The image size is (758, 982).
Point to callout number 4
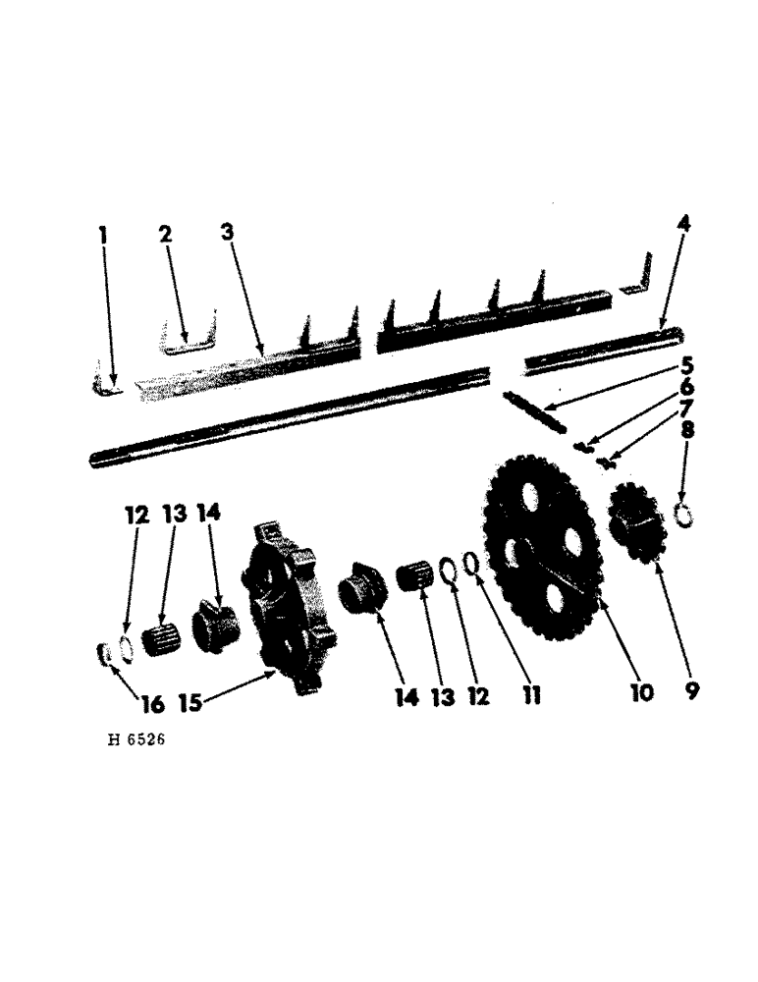[683, 225]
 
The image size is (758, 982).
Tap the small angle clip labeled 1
[104, 383]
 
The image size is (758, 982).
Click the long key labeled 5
[534, 410]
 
